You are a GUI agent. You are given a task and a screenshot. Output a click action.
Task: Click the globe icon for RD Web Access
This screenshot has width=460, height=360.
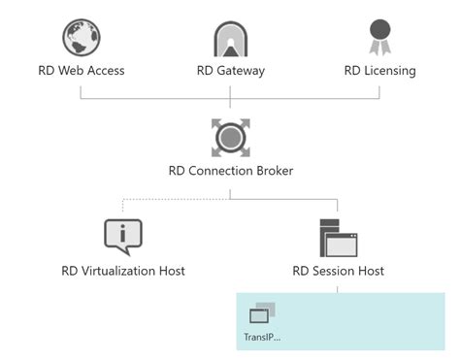click(x=82, y=38)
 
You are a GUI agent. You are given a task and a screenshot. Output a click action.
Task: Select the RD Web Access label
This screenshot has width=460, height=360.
click(x=81, y=70)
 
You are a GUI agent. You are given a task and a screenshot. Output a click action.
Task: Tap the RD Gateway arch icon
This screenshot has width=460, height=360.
click(x=231, y=38)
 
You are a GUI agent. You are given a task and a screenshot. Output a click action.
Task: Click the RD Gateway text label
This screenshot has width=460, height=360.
click(x=230, y=70)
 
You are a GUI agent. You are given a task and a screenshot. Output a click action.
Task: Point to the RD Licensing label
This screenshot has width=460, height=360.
click(x=380, y=70)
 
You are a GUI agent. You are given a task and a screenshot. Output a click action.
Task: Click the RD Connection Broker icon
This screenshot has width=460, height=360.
click(x=231, y=137)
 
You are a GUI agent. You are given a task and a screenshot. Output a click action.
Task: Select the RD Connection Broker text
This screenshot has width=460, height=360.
click(x=230, y=171)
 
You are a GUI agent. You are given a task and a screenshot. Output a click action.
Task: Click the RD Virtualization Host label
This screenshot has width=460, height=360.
click(x=123, y=270)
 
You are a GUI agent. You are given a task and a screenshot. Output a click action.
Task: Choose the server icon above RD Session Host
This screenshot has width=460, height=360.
click(x=338, y=236)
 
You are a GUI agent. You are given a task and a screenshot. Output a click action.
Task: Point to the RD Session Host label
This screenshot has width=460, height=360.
click(x=337, y=270)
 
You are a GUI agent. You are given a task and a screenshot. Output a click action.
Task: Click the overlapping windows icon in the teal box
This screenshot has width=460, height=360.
click(x=262, y=312)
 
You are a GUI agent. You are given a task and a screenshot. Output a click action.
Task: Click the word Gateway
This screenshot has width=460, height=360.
click(x=241, y=70)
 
